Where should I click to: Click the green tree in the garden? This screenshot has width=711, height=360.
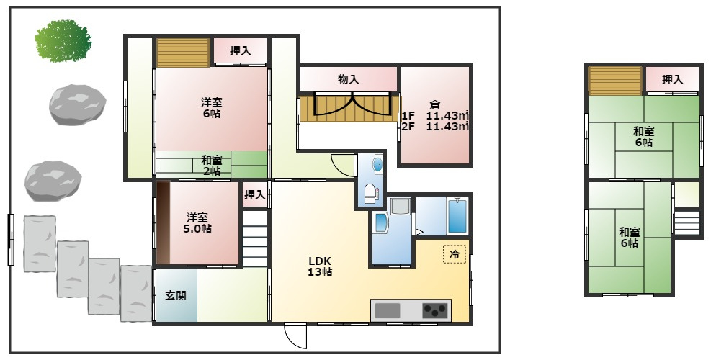(x=63, y=40)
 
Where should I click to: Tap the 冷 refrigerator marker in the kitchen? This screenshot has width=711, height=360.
(x=454, y=254)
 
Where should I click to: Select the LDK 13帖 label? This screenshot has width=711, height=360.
(x=320, y=266)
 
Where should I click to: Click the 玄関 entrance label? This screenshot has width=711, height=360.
(x=176, y=296)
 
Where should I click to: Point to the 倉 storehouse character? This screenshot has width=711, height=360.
(x=435, y=104)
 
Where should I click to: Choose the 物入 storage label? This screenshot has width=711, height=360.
(x=349, y=80)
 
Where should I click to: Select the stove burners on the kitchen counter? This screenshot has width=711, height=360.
(x=435, y=310)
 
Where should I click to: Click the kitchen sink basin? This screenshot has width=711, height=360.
(x=388, y=310)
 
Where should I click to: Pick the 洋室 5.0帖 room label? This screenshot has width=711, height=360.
(x=197, y=223)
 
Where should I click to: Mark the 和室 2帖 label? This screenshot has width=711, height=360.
(x=212, y=166)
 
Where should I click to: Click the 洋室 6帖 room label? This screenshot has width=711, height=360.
(x=212, y=108)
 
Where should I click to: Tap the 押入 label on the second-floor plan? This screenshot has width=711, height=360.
(x=672, y=80)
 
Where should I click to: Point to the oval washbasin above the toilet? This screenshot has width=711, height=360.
(x=377, y=164)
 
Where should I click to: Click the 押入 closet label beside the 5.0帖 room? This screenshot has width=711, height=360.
(x=254, y=195)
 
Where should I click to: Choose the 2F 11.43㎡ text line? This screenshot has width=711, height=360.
(x=435, y=127)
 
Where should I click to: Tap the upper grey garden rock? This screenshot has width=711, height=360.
(x=78, y=104)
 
